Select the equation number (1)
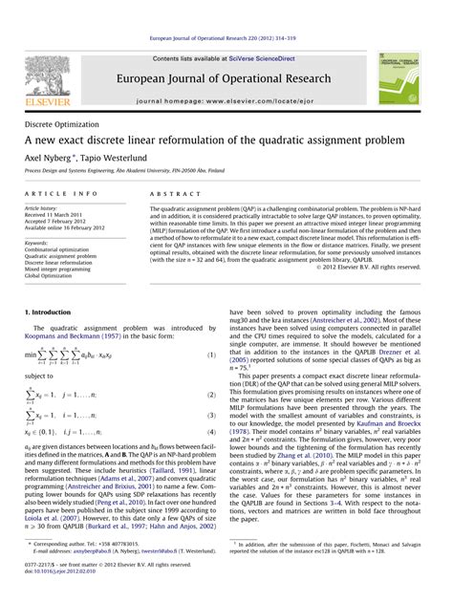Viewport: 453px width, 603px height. pos(211,355)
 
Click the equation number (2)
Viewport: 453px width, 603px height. pos(211,394)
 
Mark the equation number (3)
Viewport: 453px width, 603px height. pos(211,417)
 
